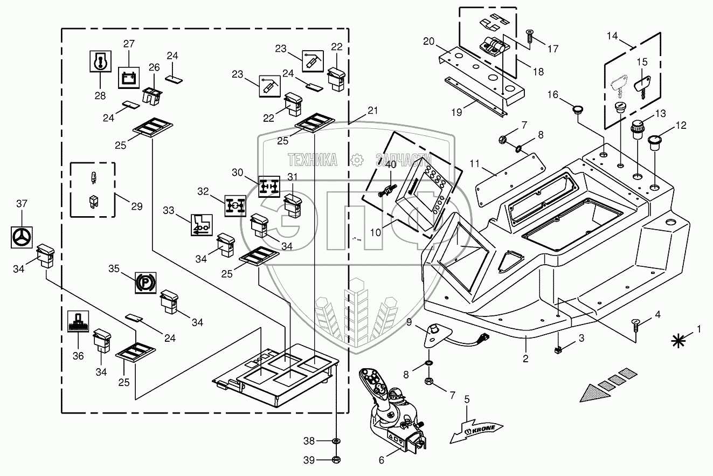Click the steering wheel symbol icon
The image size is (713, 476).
22,237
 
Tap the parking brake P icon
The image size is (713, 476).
146,282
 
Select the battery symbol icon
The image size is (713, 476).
129,78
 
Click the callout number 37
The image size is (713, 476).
22,203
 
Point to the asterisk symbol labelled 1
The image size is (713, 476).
679,341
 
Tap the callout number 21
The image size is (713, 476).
373,111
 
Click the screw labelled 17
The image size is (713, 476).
530,36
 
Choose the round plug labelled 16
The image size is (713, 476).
578,110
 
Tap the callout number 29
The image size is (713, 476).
137,206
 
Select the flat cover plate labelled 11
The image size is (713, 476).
510,180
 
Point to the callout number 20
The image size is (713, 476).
429,42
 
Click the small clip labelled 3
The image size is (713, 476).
558,350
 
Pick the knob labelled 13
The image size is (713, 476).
638,129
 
